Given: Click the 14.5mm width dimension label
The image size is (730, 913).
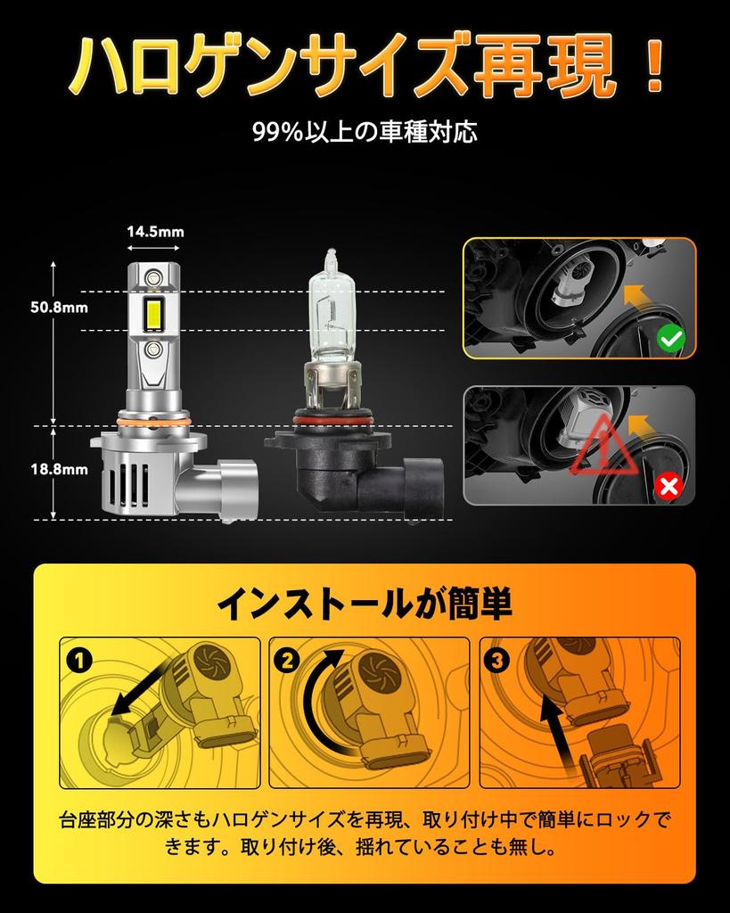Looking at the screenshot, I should tap(155, 232).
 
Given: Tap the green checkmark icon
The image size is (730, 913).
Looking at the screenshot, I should tap(670, 337).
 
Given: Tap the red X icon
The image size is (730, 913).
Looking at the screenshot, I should tap(668, 486).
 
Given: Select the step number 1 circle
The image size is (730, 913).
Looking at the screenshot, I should tap(79, 661).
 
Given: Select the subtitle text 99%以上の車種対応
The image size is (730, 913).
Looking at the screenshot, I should tap(365, 133).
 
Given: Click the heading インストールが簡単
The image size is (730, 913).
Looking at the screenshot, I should tap(365, 605).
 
